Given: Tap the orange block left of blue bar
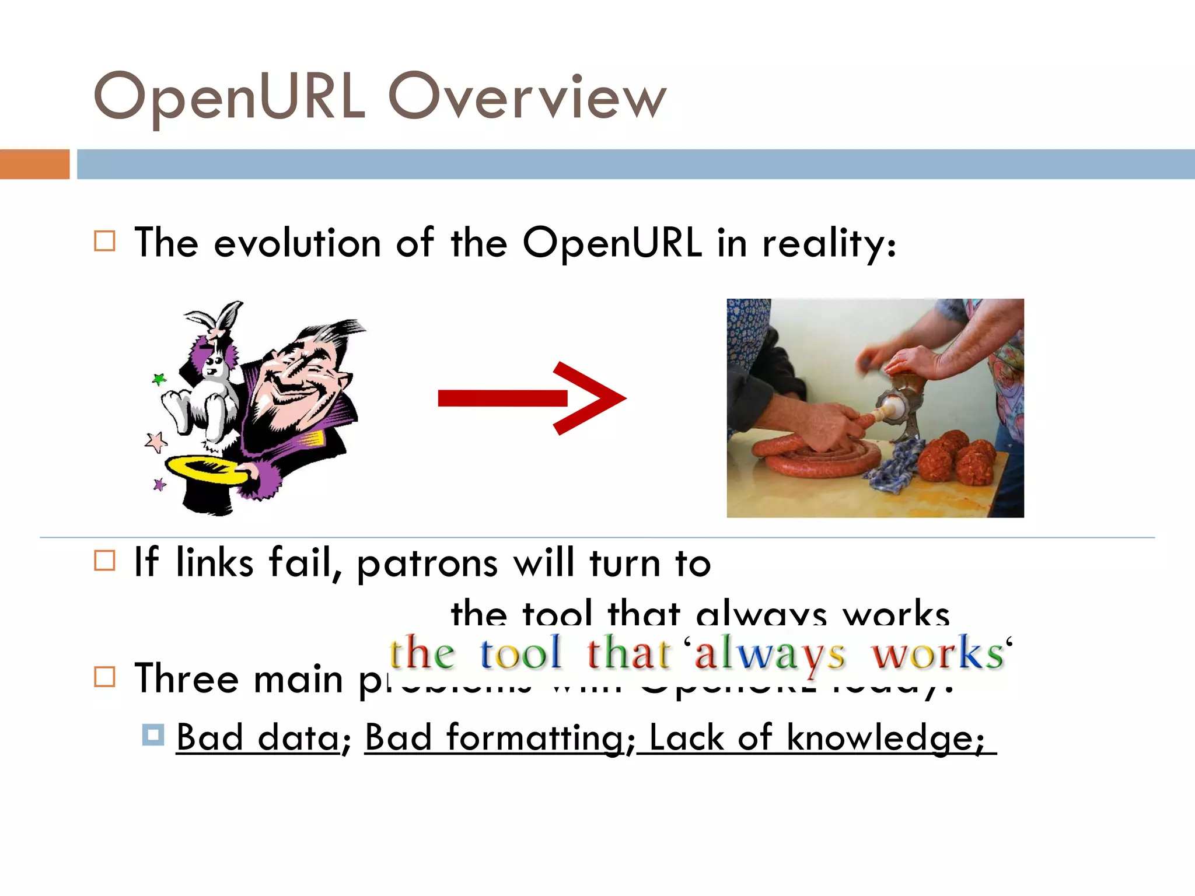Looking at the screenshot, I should point(34,164).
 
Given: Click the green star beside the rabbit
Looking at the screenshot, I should point(159,380).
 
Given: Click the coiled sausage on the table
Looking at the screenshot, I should point(817,458).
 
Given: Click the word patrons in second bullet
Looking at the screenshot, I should point(427,563).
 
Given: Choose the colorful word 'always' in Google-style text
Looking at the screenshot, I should point(769,653).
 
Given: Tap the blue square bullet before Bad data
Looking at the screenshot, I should point(153,735).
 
